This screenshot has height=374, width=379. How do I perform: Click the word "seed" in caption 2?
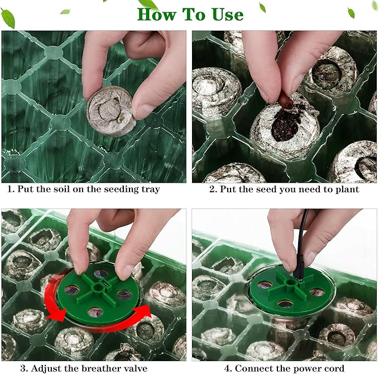pos(266,189)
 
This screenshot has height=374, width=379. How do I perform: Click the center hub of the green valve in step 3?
pos(98,288)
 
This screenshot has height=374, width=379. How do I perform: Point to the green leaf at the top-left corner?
pos(8,18)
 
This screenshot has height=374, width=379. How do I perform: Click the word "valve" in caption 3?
pos(133,368)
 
